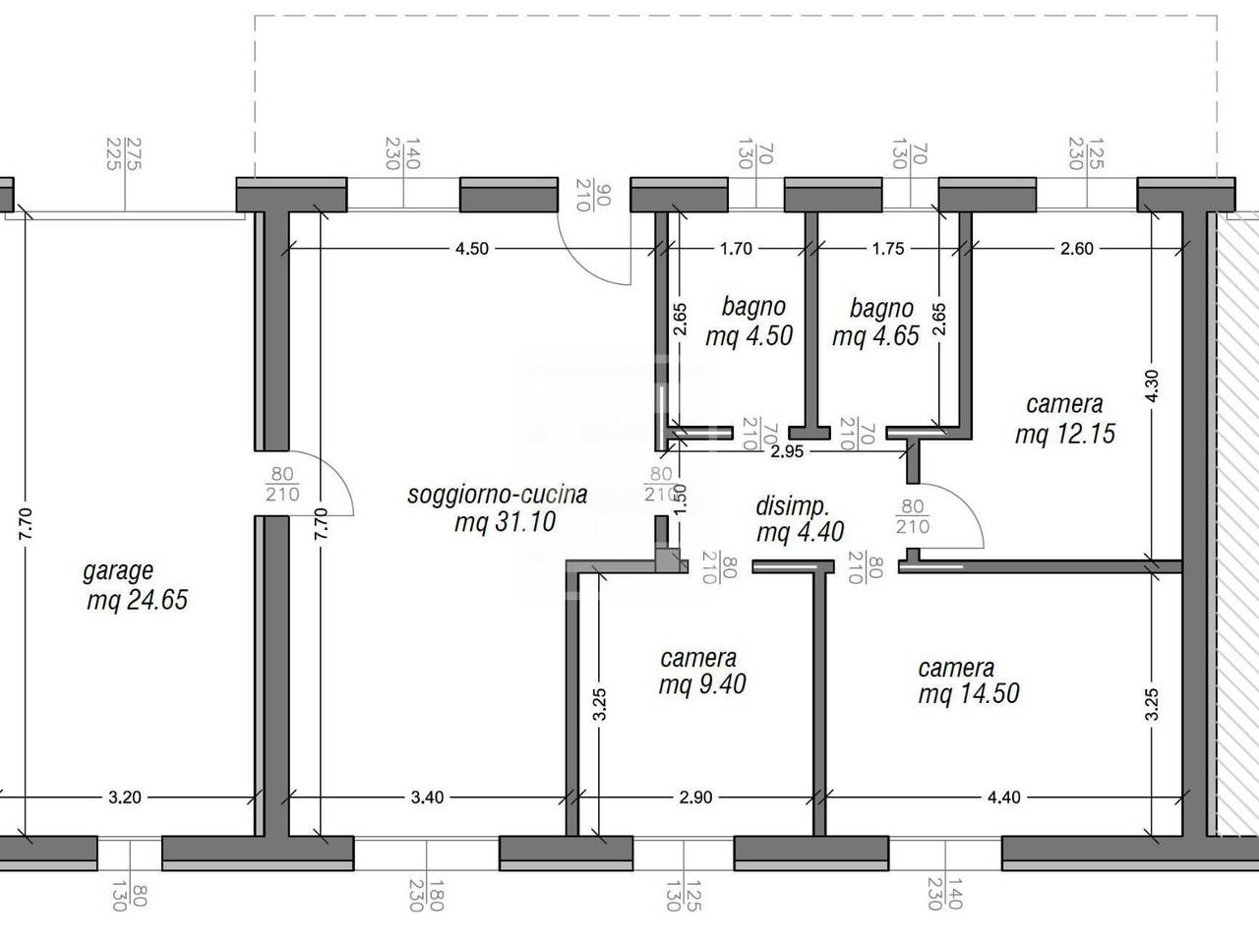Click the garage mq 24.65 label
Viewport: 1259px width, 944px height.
coord(137,586)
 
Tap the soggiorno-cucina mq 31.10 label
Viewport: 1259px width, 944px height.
coord(498,508)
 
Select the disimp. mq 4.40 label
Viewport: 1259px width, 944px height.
coord(800,519)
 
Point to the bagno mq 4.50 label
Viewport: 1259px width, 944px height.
coord(749,321)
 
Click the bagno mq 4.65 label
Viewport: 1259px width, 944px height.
coord(875,322)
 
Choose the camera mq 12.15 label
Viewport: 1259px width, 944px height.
coord(1065,419)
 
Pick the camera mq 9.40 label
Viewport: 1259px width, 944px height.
coord(702,672)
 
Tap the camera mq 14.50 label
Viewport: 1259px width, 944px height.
coord(969,680)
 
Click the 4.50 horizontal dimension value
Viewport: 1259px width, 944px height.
coord(471,249)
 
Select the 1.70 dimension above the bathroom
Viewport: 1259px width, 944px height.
coord(736,249)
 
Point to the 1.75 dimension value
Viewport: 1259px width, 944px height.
coord(888,249)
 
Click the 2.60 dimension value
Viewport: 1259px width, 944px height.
coord(1077,249)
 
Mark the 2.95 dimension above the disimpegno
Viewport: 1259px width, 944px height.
coord(787,451)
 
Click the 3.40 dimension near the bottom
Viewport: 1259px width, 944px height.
coord(427,797)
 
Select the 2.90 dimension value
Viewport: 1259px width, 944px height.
coord(695,797)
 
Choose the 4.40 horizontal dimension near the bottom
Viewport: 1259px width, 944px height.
coord(1004,797)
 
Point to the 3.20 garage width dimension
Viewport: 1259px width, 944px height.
coord(125,797)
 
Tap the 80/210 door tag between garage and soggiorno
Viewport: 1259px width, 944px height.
coord(282,484)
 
